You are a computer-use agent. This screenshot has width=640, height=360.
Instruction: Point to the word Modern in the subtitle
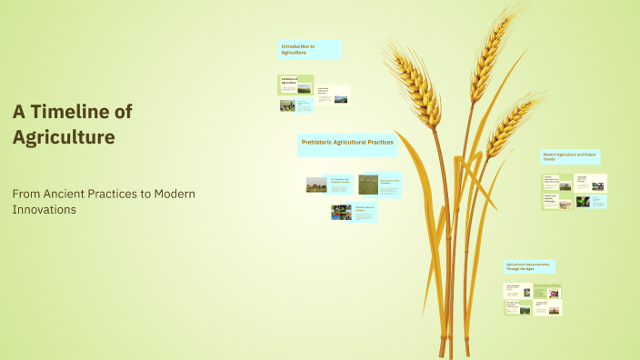[175, 194]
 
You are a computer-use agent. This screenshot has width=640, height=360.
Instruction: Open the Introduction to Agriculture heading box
[310, 50]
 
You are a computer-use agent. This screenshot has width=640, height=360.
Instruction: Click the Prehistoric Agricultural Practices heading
[347, 143]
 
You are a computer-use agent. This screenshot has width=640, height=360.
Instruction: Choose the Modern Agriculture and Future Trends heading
[571, 156]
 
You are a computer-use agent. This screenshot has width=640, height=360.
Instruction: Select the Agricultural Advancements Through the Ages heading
[529, 266]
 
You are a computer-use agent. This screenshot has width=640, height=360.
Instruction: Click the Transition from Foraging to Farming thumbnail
[327, 185]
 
